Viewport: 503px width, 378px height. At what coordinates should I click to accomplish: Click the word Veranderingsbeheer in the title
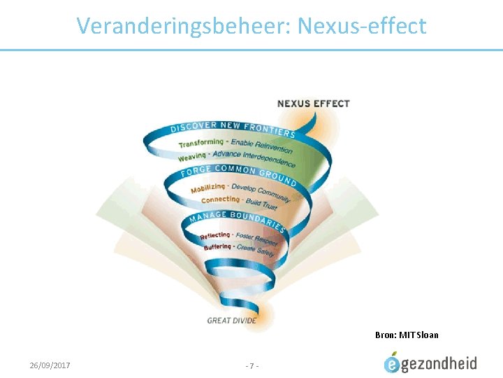[184, 26]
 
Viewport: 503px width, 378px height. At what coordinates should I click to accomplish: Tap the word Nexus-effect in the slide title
[361, 26]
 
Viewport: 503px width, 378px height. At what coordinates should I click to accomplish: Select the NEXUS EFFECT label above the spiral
[314, 104]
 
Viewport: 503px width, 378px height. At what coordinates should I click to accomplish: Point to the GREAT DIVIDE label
[232, 321]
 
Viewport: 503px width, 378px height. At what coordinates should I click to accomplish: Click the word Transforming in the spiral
[201, 143]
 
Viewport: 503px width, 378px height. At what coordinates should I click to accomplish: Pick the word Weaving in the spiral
[191, 157]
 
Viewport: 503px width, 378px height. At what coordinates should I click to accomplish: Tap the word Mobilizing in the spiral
[208, 188]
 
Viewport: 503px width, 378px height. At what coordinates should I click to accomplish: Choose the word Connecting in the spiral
[220, 199]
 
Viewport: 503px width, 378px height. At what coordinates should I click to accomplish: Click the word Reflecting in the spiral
[214, 236]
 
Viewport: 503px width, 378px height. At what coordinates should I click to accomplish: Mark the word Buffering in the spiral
[217, 247]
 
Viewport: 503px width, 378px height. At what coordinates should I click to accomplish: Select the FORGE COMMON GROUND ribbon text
[238, 170]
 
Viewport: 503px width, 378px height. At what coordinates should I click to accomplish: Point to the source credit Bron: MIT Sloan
[407, 335]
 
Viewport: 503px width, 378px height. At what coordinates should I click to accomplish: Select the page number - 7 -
[252, 365]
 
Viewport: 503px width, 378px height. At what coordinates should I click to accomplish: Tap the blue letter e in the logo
[393, 364]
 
